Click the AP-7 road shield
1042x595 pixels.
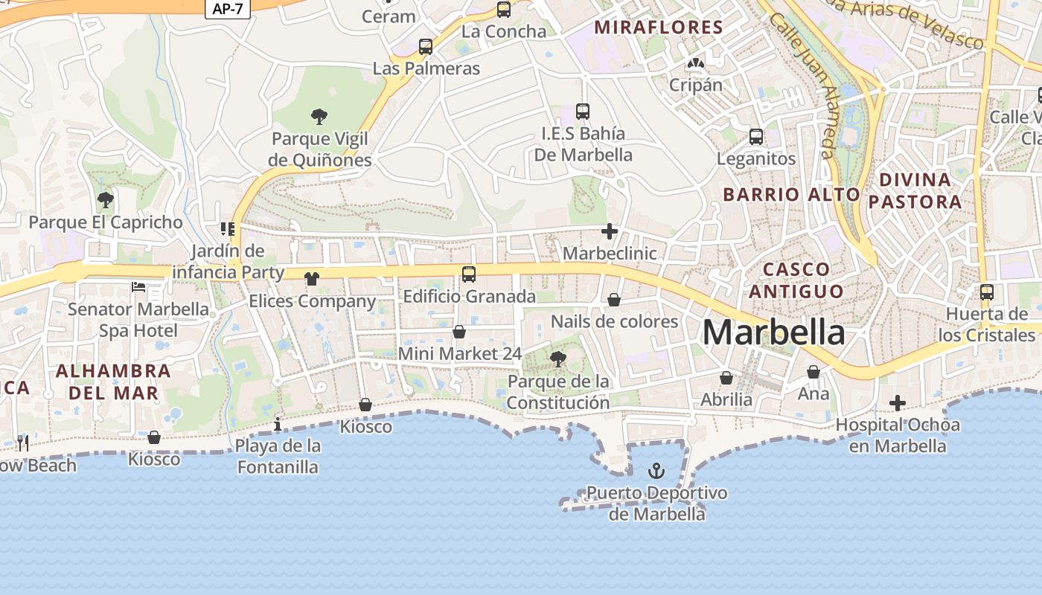click(x=227, y=8)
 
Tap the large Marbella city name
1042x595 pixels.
click(x=773, y=332)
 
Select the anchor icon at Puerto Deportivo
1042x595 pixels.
click(x=656, y=470)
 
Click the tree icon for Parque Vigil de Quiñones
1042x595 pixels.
click(x=319, y=116)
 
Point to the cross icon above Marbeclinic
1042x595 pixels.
click(x=610, y=231)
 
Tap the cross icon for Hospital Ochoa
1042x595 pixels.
click(x=898, y=403)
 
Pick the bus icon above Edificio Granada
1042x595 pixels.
click(x=469, y=274)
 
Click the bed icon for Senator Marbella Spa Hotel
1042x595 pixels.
click(x=138, y=286)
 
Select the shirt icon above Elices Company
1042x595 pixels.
click(x=312, y=279)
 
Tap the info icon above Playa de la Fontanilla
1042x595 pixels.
click(x=278, y=424)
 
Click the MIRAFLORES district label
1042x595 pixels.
click(x=659, y=28)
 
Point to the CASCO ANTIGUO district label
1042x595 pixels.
click(x=796, y=280)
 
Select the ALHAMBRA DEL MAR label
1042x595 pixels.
click(x=113, y=381)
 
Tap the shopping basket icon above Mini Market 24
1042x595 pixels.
click(x=459, y=331)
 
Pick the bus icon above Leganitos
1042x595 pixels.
click(x=756, y=137)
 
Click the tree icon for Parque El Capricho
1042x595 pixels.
click(x=105, y=199)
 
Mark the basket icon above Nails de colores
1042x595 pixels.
click(x=614, y=300)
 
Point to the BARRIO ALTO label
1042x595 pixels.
click(x=791, y=195)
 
